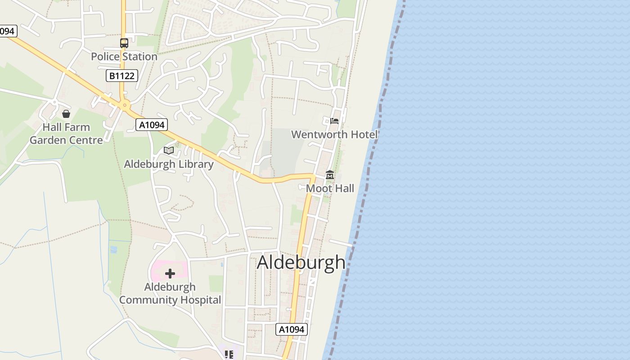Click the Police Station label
point(124,57)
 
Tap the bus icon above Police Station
point(124,43)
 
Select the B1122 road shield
point(121,76)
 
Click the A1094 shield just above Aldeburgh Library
point(152,125)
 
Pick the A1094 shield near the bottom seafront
point(292,329)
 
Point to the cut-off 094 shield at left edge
point(8,31)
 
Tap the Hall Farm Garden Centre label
point(66,134)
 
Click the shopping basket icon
point(66,114)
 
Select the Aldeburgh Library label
point(169,164)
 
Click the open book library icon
point(169,150)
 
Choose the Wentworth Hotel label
point(334,135)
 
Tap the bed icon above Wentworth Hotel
point(334,121)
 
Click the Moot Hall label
point(330,189)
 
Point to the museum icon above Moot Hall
point(330,175)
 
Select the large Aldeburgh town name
point(301,263)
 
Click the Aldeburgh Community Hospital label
point(170,293)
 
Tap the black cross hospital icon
point(170,274)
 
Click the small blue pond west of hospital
point(113,249)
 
